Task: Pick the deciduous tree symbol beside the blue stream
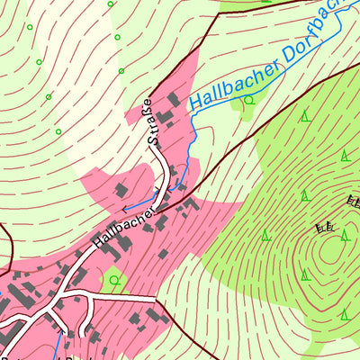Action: (x=248, y=101)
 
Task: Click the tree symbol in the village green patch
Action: (x=114, y=279)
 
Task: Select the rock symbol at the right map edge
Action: (x=353, y=202)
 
